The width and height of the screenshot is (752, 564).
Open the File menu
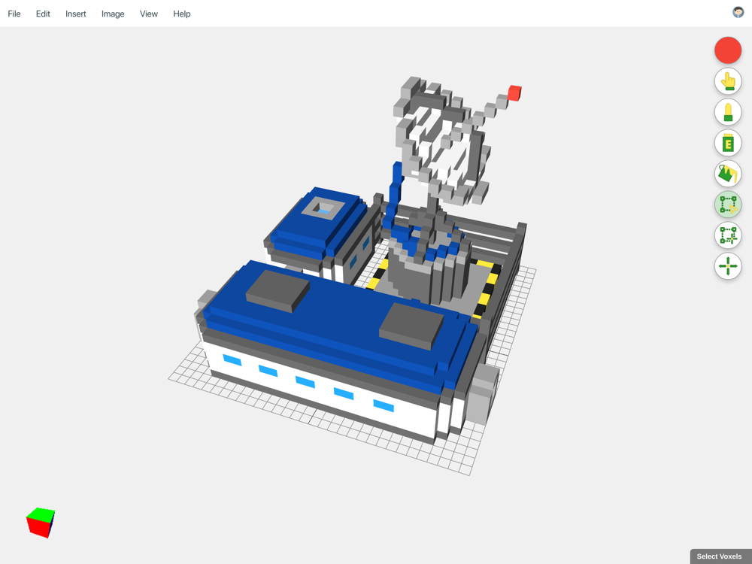point(14,14)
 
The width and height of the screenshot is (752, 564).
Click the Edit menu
point(43,14)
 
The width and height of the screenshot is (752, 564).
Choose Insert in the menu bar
point(76,14)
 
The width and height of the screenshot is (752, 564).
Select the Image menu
point(113,14)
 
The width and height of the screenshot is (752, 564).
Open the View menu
point(149,14)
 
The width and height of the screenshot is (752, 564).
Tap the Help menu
point(182,14)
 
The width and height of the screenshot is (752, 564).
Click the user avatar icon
point(738,13)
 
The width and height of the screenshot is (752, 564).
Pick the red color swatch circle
point(728,50)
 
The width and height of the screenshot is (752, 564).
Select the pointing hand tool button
point(728,81)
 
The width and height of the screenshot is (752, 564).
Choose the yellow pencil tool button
point(728,112)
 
